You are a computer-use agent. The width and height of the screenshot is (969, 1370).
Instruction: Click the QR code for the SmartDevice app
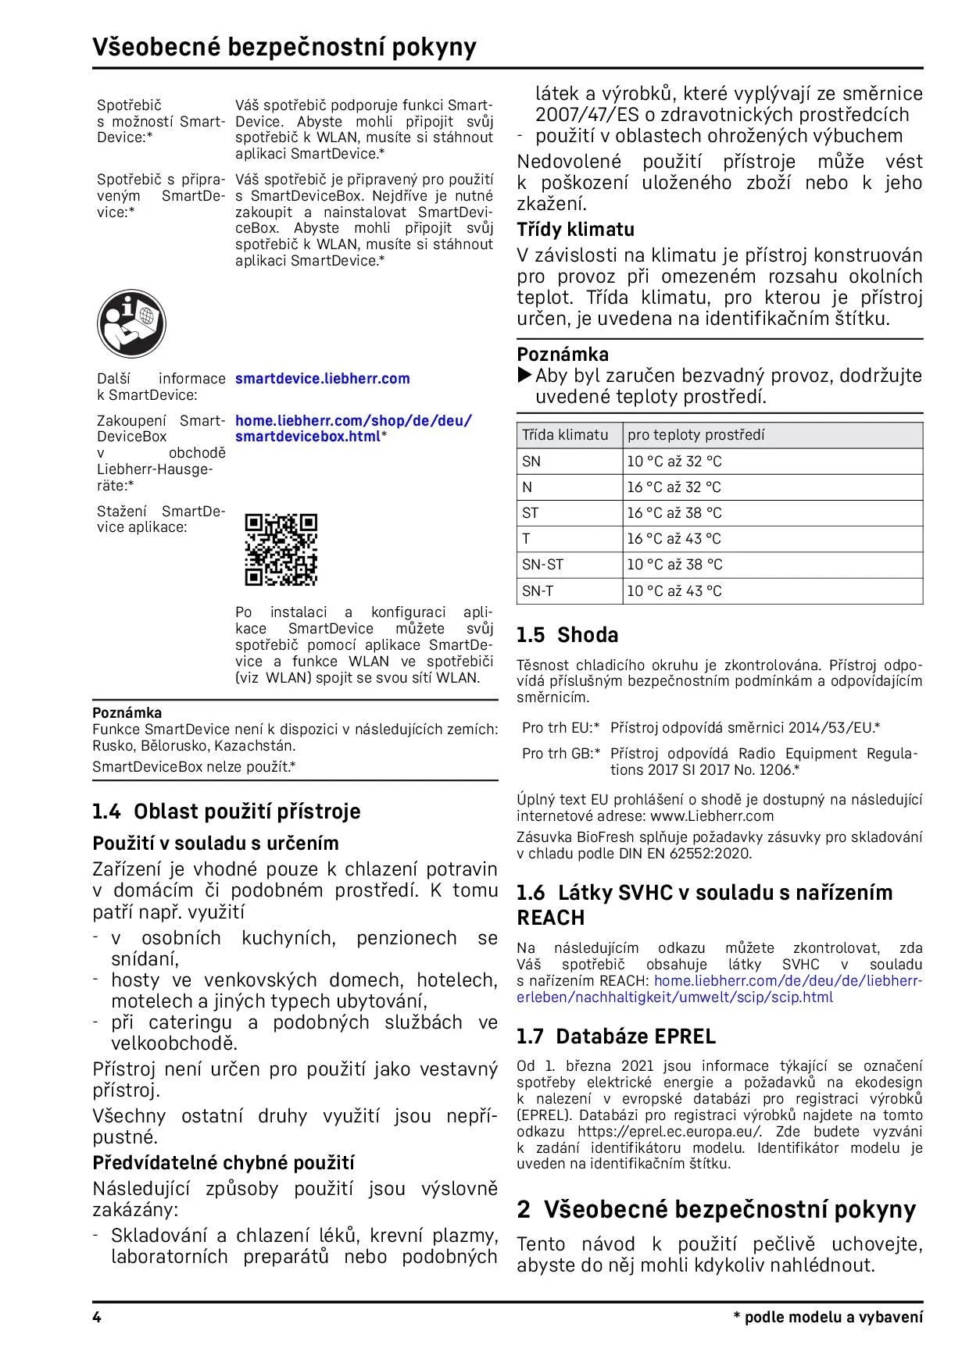[x=281, y=549]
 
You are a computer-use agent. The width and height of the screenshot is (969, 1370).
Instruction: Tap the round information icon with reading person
[x=131, y=323]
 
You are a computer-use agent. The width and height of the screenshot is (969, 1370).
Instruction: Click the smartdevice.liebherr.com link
[x=322, y=379]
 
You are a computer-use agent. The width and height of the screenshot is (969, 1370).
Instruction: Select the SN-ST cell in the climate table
[x=543, y=565]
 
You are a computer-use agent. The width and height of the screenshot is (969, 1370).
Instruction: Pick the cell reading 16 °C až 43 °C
[x=674, y=539]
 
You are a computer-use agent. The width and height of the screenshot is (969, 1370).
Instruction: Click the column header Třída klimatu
[x=565, y=435]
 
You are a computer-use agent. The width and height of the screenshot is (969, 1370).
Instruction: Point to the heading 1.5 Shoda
[x=567, y=635]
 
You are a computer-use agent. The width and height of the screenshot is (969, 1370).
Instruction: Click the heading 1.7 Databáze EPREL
[x=616, y=1036]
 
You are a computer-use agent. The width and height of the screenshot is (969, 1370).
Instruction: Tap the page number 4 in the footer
[x=97, y=1318]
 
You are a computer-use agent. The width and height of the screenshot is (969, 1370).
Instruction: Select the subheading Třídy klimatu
[x=575, y=230]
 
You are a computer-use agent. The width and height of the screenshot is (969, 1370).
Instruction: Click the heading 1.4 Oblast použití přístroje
[x=227, y=812]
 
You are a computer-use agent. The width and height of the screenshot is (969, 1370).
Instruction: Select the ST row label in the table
[x=531, y=513]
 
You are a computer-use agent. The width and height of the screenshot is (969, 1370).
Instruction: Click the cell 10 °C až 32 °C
[x=674, y=462]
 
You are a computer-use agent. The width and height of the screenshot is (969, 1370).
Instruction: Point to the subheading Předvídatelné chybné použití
[x=223, y=1163]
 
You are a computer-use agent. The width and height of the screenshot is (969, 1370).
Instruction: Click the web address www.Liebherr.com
[x=712, y=816]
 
